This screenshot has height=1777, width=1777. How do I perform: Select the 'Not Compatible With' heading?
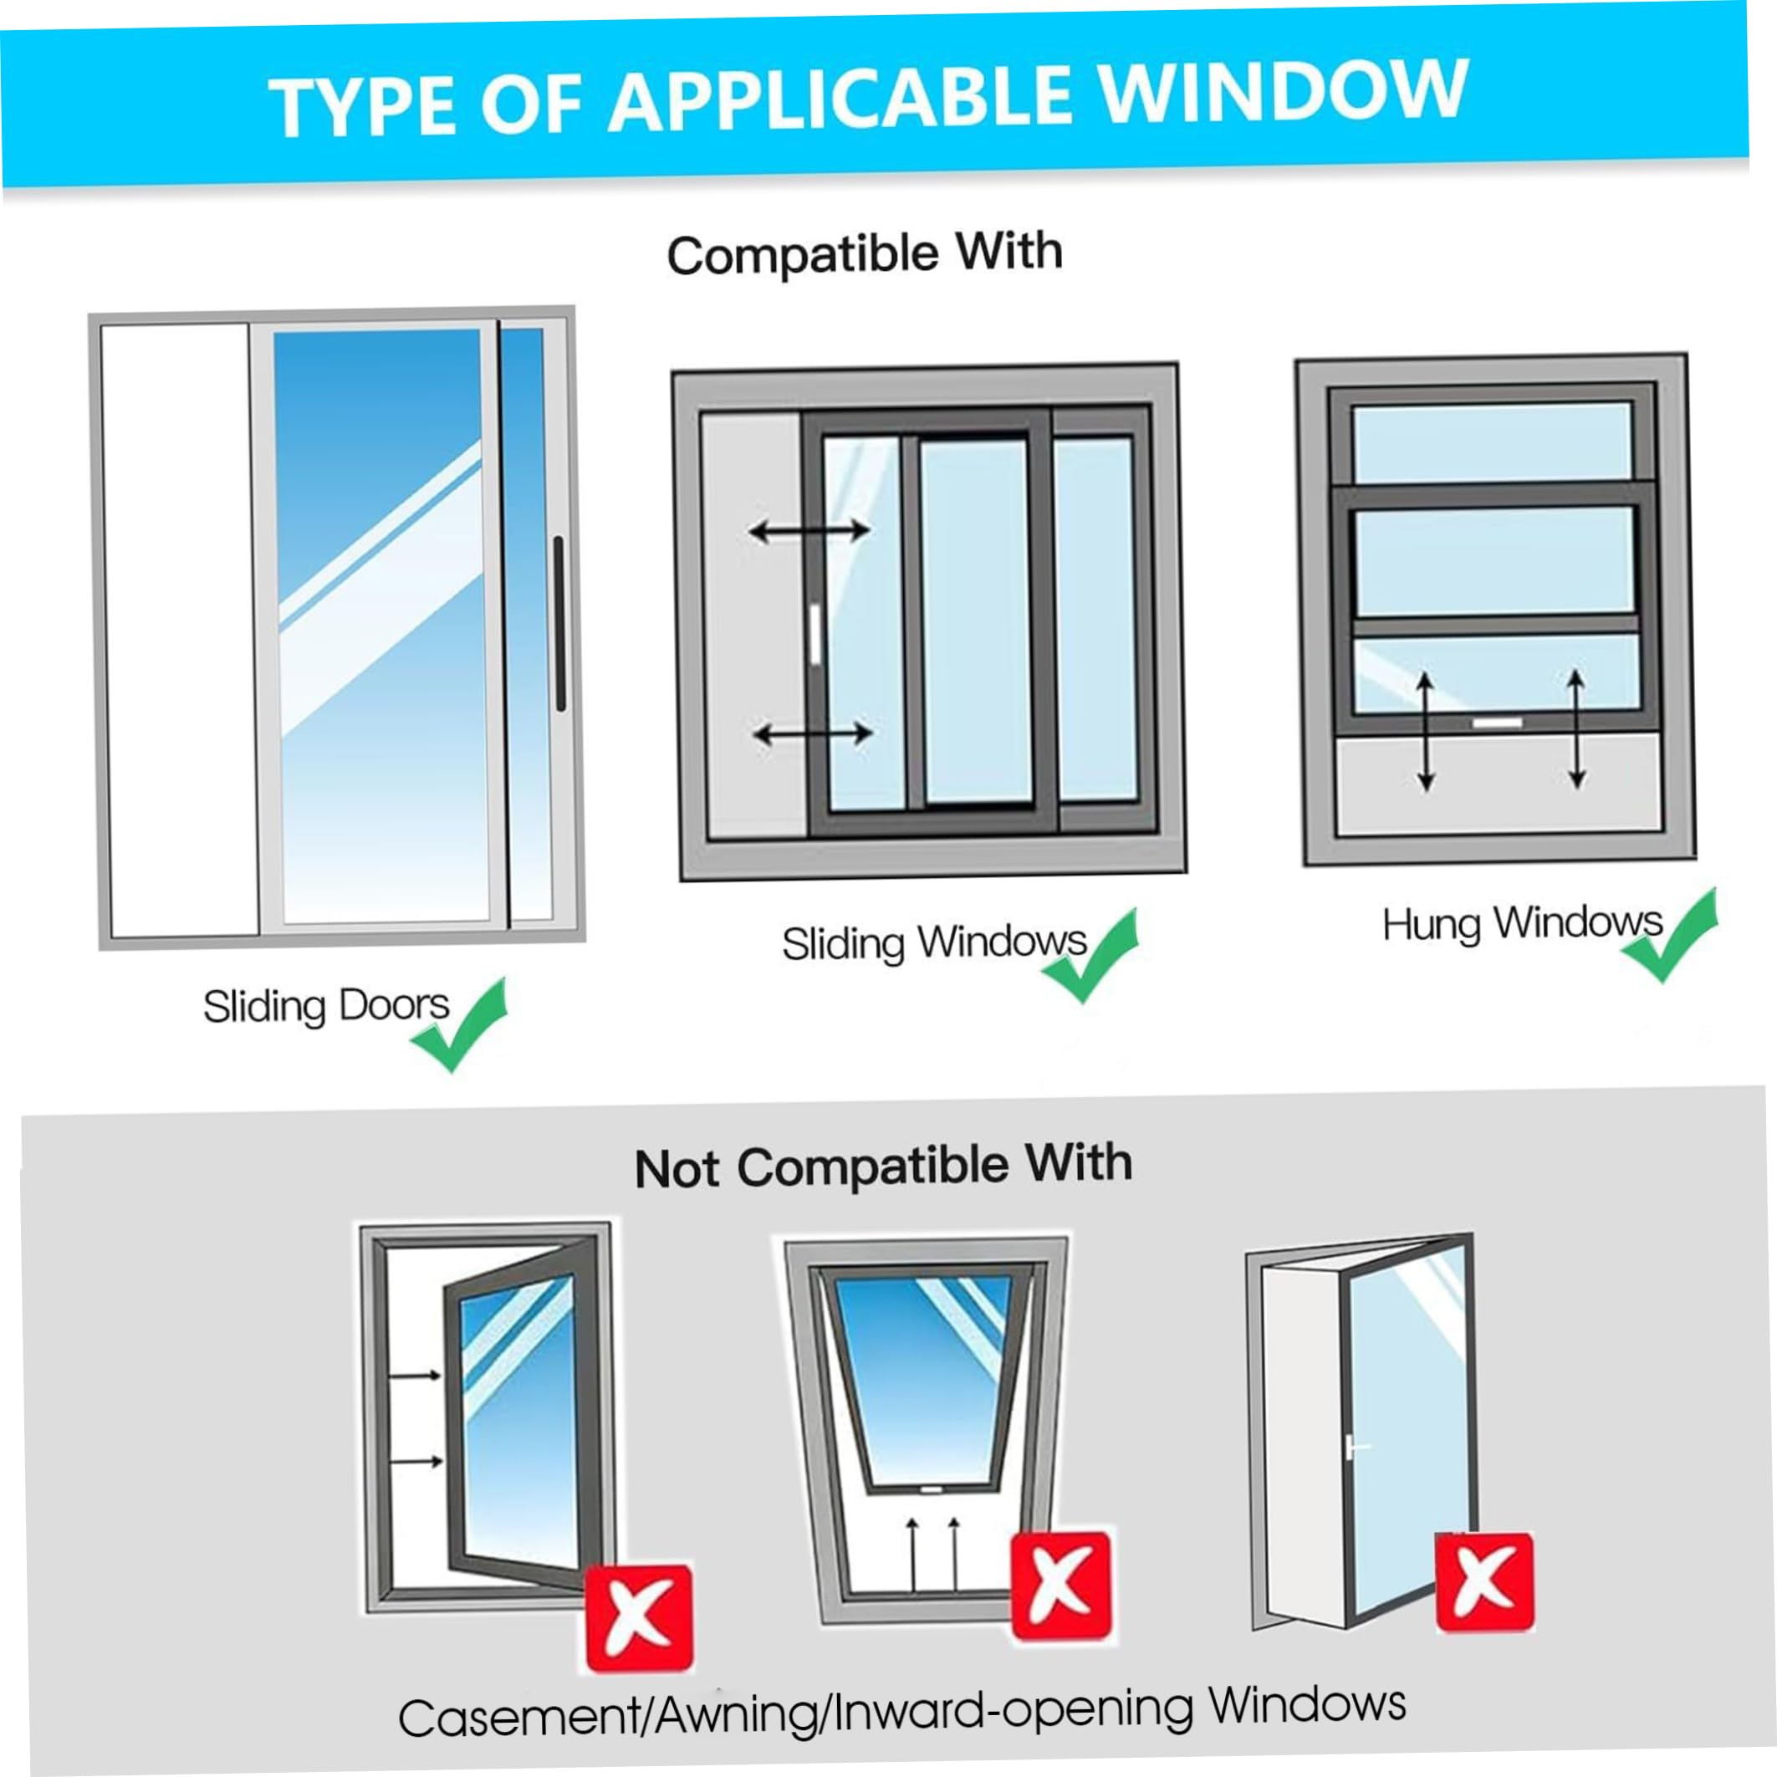pyautogui.click(x=883, y=1166)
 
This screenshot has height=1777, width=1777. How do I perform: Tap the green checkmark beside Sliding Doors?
pyautogui.click(x=459, y=1024)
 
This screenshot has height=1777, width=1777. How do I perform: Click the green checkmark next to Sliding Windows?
pyautogui.click(x=1090, y=954)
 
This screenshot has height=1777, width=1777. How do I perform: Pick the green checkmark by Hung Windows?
pyautogui.click(x=1669, y=934)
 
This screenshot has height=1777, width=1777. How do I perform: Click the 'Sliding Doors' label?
pyautogui.click(x=325, y=1005)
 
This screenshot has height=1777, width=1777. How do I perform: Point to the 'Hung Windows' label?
pyautogui.click(x=1522, y=923)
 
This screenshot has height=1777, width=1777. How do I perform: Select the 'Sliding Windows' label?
pyautogui.click(x=934, y=942)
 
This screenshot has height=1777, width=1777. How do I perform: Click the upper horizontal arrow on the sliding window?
pyautogui.click(x=809, y=531)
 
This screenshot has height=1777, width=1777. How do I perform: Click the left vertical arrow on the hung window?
pyautogui.click(x=1426, y=731)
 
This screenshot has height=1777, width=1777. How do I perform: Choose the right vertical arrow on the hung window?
pyautogui.click(x=1576, y=728)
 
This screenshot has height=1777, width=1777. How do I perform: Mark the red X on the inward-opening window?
pyautogui.click(x=1483, y=1582)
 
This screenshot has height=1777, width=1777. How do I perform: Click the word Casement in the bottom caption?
pyautogui.click(x=518, y=1716)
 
